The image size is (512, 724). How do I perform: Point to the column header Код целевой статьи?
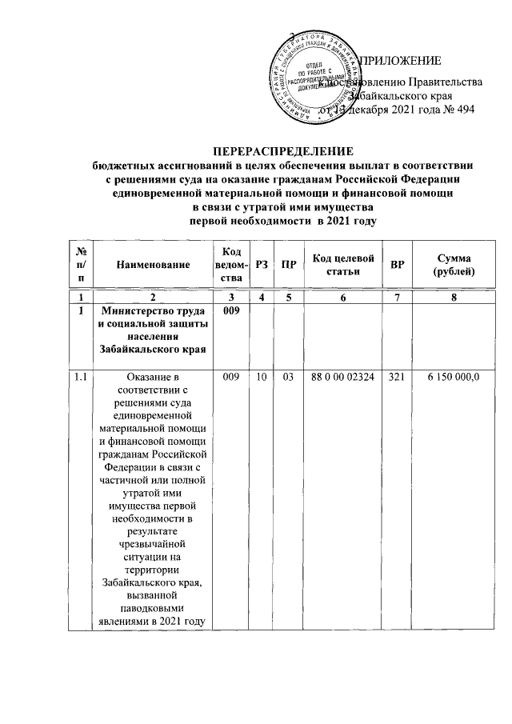pyautogui.click(x=343, y=264)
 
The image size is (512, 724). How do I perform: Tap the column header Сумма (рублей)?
pyautogui.click(x=453, y=264)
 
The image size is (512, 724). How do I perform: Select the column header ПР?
pyautogui.click(x=284, y=264)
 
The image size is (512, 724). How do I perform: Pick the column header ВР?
pyautogui.click(x=398, y=264)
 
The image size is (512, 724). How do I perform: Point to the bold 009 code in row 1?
pyautogui.click(x=230, y=310)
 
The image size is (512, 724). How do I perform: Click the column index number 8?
pyautogui.click(x=453, y=298)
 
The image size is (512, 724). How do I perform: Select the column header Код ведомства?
pyautogui.click(x=230, y=264)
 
